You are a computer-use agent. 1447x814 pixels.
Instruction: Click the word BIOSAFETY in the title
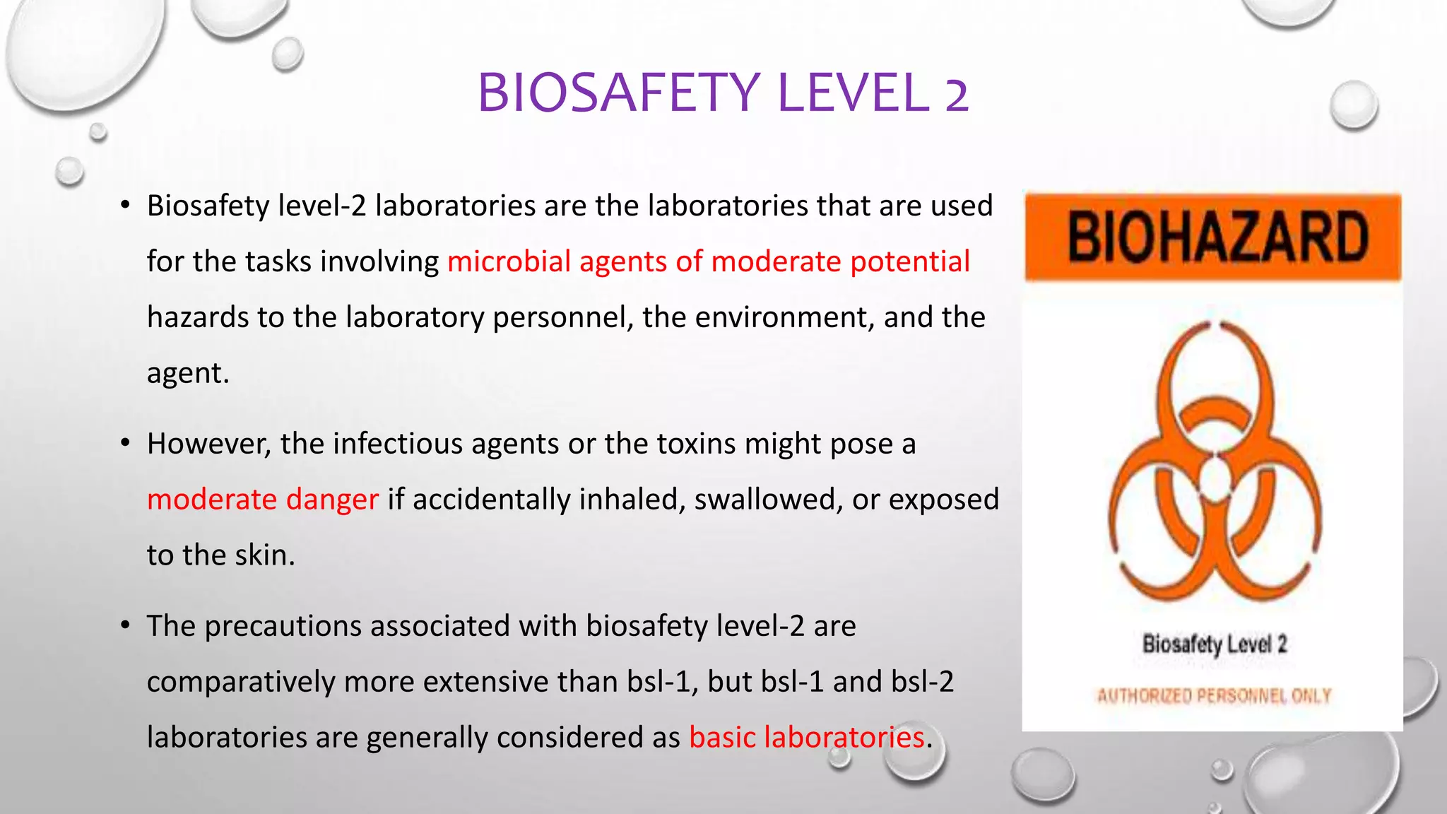coord(618,93)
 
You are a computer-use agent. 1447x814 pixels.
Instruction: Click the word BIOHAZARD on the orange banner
coord(1217,238)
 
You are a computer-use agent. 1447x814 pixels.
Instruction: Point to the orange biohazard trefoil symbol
coord(1215,463)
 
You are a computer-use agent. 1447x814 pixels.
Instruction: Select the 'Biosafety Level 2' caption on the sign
coord(1215,644)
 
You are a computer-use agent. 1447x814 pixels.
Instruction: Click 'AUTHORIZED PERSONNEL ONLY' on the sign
coord(1214,696)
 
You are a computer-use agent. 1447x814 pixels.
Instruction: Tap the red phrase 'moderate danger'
coord(263,500)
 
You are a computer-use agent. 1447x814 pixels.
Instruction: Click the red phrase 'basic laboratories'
coord(807,738)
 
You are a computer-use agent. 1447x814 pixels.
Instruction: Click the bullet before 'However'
coord(125,443)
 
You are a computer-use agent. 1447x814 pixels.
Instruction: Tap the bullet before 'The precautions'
coord(125,625)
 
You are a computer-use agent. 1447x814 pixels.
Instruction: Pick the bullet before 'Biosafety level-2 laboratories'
coord(125,205)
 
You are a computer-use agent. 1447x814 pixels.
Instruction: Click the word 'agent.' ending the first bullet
coord(188,373)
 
